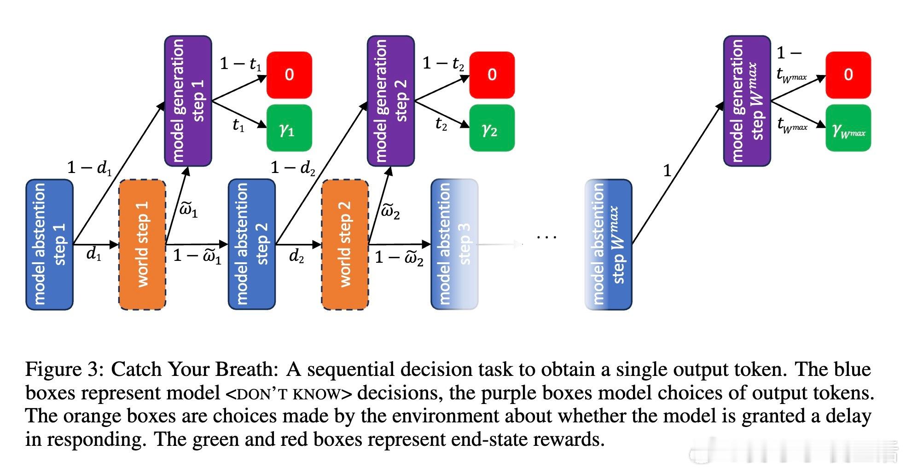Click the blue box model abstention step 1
49,244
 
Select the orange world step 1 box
142,244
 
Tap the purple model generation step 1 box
188,101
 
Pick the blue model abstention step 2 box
252,244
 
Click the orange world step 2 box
345,244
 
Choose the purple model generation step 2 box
390,101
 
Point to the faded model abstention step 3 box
454,244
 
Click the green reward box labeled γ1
289,128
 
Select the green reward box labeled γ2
492,128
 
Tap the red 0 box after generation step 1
289,75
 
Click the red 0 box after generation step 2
492,75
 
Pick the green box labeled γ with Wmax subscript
848,128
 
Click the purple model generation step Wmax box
747,101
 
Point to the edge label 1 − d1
90,168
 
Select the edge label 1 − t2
443,63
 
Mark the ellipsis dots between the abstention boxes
547,237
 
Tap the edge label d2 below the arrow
296,256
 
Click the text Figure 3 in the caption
64,370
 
